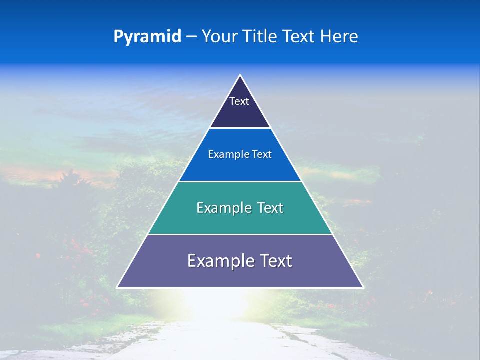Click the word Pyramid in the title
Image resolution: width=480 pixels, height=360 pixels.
coord(147,37)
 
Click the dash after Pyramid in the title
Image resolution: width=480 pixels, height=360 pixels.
coord(191,37)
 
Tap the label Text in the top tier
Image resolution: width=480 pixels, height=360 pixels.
coord(239,101)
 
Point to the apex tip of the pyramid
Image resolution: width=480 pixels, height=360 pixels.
coord(240,76)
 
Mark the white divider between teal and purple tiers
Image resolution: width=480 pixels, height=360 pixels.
coord(240,234)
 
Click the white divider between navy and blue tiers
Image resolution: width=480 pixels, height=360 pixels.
coord(240,128)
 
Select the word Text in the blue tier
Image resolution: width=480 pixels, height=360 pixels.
coord(262,155)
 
